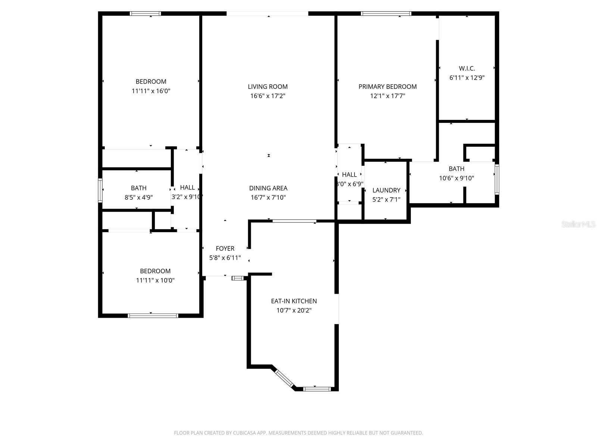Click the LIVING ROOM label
(268, 87)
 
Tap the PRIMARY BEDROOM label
(388, 87)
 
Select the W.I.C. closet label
(467, 68)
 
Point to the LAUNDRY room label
(386, 190)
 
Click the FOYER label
(225, 248)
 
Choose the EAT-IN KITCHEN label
(294, 301)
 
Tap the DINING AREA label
(268, 188)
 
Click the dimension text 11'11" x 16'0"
(151, 91)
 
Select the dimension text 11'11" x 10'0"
(155, 280)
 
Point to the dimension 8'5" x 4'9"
(139, 197)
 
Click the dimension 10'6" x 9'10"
(457, 178)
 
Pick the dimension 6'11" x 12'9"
(467, 78)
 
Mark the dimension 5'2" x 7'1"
(386, 199)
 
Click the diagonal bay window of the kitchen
(284, 378)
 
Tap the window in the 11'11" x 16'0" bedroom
(145, 13)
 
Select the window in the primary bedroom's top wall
(386, 13)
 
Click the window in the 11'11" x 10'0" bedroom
(153, 315)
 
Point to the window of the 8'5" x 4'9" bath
(100, 190)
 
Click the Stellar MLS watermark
(578, 224)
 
